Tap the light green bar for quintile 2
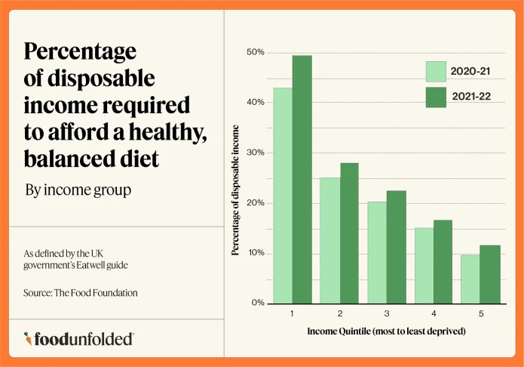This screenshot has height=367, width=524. pos(329,240)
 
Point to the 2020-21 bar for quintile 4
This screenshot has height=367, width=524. pos(424,265)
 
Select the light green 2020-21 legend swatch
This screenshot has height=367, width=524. pos(436,72)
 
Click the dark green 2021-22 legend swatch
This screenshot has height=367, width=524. pos(436,97)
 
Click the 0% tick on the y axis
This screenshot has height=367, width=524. pos(258,303)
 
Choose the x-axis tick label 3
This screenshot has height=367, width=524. pos(387,313)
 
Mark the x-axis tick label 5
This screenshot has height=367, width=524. pos(480,313)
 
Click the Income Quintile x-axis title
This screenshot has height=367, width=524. pos(385,332)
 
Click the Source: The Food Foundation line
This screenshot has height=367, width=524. pos(81,292)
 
